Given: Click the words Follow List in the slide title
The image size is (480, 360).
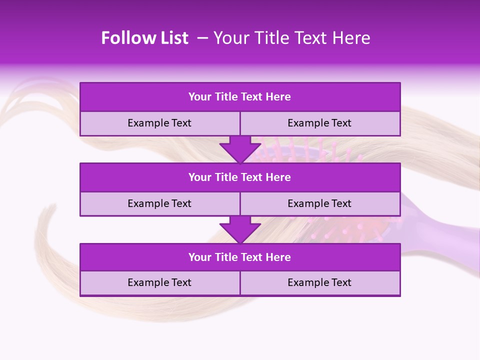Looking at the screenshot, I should click(x=144, y=38).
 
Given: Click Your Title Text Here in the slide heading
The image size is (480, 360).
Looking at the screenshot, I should click(x=291, y=38).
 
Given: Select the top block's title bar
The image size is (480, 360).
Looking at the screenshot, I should click(x=240, y=97).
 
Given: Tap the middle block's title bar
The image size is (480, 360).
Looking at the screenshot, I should click(x=240, y=177).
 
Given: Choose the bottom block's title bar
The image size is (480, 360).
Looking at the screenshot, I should click(x=240, y=257).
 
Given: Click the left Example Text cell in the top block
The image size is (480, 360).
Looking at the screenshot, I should click(x=159, y=123).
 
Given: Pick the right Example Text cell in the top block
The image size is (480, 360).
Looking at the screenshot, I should click(x=319, y=123).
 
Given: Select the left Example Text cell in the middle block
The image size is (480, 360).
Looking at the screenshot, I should click(x=159, y=204).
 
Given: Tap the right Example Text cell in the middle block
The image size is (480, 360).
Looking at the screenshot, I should click(x=319, y=204).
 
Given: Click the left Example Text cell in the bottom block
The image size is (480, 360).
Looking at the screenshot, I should click(x=159, y=283).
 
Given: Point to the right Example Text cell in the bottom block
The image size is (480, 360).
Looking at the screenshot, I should click(x=319, y=283).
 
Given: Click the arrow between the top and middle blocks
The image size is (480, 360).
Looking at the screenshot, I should click(x=240, y=149).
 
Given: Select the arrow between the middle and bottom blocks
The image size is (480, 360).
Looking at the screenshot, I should click(x=240, y=229).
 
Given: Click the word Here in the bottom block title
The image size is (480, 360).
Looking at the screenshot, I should click(x=278, y=257).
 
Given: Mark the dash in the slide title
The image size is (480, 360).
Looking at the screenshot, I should click(x=203, y=38).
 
